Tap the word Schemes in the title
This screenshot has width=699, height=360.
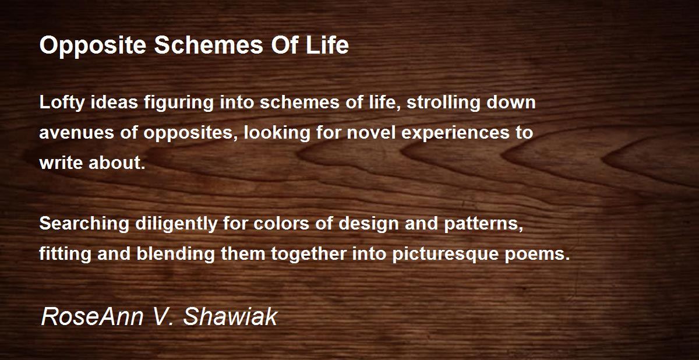tap(209, 45)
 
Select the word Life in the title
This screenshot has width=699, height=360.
tap(327, 45)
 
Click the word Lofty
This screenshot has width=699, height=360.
tap(62, 103)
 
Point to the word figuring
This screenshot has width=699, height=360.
tap(178, 103)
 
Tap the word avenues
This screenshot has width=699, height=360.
tap(77, 133)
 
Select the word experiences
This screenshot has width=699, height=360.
tap(456, 133)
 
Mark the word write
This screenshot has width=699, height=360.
tap(61, 163)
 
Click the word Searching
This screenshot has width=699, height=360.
tap(84, 224)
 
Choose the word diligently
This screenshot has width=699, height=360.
tap(176, 224)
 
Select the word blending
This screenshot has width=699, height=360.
tap(176, 254)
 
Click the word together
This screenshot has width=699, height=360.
tap(309, 254)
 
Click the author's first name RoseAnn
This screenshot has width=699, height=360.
tap(92, 317)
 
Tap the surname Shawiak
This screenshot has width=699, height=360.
tap(230, 317)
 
